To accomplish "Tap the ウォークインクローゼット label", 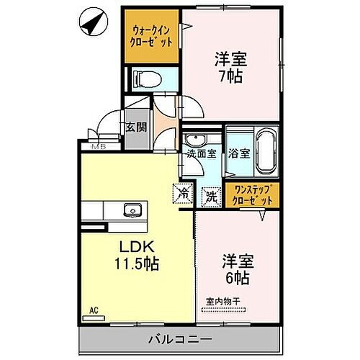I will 150,36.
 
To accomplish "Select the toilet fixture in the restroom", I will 145,81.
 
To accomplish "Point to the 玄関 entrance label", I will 135,127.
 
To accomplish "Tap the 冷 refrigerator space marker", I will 183,194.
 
